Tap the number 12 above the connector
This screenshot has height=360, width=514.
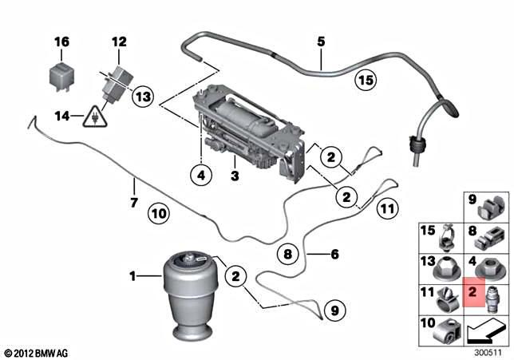tap(119, 41)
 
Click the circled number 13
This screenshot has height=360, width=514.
tap(142, 97)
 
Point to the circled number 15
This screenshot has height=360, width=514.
tap(365, 80)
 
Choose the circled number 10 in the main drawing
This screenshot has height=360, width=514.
tap(156, 213)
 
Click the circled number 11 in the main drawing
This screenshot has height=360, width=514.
tap(387, 209)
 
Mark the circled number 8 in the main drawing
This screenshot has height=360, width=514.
tap(289, 254)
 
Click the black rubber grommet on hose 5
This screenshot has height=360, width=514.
tap(415, 147)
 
